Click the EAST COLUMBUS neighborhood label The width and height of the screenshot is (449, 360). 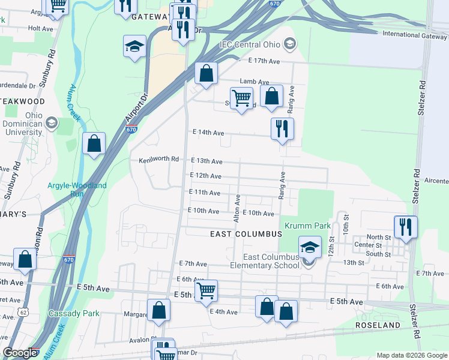pos(246,233)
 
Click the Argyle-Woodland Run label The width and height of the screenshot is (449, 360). pos(77,190)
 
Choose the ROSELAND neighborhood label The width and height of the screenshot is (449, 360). pos(378,325)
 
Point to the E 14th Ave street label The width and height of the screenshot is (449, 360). pos(208,133)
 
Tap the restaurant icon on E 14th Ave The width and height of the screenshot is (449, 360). pos(281,128)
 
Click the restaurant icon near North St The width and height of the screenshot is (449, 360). pos(406,227)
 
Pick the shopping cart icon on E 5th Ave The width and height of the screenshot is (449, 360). pos(206,290)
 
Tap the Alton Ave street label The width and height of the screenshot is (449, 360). pos(238,202)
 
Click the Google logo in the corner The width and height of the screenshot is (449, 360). pos(20,353)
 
